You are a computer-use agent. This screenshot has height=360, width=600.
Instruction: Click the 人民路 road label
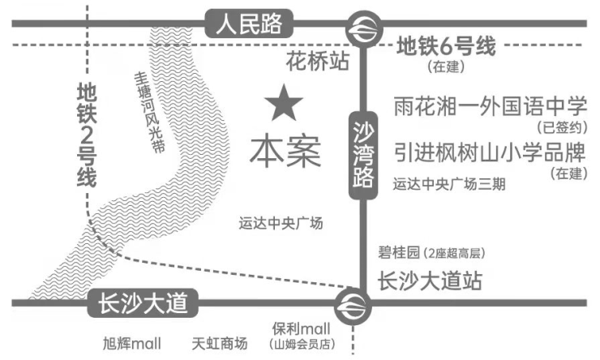pos(249,24)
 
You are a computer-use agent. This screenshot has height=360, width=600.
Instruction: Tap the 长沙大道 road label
pos(143,303)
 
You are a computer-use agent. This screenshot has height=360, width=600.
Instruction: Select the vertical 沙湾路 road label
pos(363,156)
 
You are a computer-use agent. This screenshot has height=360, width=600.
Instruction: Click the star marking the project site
pos(284,103)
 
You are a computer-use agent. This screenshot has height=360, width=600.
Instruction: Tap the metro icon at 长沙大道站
pos(353,306)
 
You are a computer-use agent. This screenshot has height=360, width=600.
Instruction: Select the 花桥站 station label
pos(318,61)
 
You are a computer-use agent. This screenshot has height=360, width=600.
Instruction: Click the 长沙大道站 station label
pos(430,281)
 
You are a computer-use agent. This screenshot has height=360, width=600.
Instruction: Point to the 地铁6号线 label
pos(446,46)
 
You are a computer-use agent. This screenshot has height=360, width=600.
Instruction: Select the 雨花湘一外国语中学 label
pos(491,106)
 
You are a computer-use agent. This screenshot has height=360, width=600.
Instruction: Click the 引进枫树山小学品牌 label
pos(491,152)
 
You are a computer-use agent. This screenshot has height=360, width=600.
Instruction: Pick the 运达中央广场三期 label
pos(449,184)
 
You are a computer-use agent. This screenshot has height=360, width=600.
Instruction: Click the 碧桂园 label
pos(398,252)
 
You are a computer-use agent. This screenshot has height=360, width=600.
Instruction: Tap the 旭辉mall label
pos(132,343)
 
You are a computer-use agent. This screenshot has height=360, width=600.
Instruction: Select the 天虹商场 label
pos(220,343)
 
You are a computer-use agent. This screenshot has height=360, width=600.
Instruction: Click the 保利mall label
pos(301,328)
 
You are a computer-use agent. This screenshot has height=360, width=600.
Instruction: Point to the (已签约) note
pos(562,127)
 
